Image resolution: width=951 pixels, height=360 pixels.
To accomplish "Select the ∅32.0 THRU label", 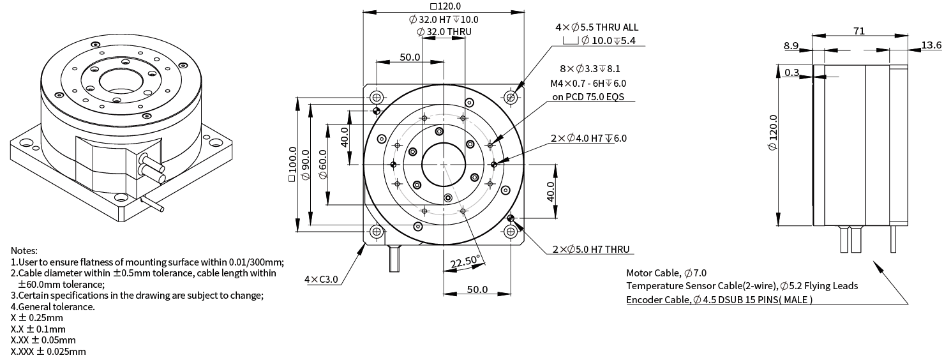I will point(444,32).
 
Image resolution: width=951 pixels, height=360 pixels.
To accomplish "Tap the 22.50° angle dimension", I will point(464,262).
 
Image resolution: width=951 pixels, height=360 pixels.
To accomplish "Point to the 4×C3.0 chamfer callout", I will point(321,280).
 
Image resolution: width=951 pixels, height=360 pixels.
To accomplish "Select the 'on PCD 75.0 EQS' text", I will point(587,97).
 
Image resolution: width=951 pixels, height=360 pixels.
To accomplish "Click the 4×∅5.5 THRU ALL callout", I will point(596,27).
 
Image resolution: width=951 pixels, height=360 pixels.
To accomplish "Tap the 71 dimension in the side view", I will point(858,31).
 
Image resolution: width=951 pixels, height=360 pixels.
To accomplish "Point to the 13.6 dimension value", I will point(931,45).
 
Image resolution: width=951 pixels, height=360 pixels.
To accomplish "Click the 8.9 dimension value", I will point(791,45).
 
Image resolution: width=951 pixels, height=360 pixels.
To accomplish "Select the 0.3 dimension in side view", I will point(791,73).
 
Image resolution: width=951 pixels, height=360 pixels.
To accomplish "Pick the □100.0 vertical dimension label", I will point(292,164).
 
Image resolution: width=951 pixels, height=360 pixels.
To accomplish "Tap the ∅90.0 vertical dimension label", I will point(305,164).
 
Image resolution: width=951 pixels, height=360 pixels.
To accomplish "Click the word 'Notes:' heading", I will point(24,250).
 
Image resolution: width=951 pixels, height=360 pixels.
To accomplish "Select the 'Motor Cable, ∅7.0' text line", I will point(666,273).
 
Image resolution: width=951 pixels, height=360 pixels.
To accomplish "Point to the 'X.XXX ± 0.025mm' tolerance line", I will point(48,351).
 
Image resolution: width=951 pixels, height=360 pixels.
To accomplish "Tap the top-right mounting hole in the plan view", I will point(510,97).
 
